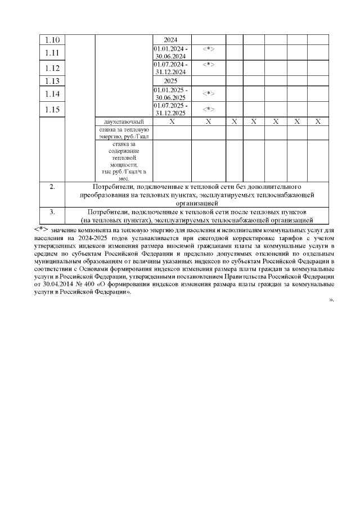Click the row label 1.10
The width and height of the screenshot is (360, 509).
click(x=52, y=40)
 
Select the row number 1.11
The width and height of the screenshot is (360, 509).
click(x=52, y=53)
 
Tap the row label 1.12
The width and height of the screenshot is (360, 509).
click(x=52, y=68)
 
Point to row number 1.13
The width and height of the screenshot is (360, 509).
click(x=52, y=81)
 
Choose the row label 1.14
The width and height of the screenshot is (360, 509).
click(x=52, y=93)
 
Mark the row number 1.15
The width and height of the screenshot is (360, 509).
click(x=52, y=109)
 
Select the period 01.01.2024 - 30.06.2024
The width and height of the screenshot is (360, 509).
click(x=171, y=53)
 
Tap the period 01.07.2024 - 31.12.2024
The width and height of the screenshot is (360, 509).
click(x=171, y=68)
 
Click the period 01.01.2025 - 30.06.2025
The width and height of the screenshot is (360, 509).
click(x=171, y=93)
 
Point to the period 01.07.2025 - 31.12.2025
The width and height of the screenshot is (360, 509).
click(x=171, y=109)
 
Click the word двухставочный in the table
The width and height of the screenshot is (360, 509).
click(x=124, y=122)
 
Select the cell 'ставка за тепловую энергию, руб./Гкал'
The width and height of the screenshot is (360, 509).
click(x=124, y=133)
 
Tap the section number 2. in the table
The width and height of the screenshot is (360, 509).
click(x=52, y=186)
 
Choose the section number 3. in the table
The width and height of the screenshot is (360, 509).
click(x=52, y=212)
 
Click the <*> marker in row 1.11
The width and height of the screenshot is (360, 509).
click(x=208, y=49)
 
